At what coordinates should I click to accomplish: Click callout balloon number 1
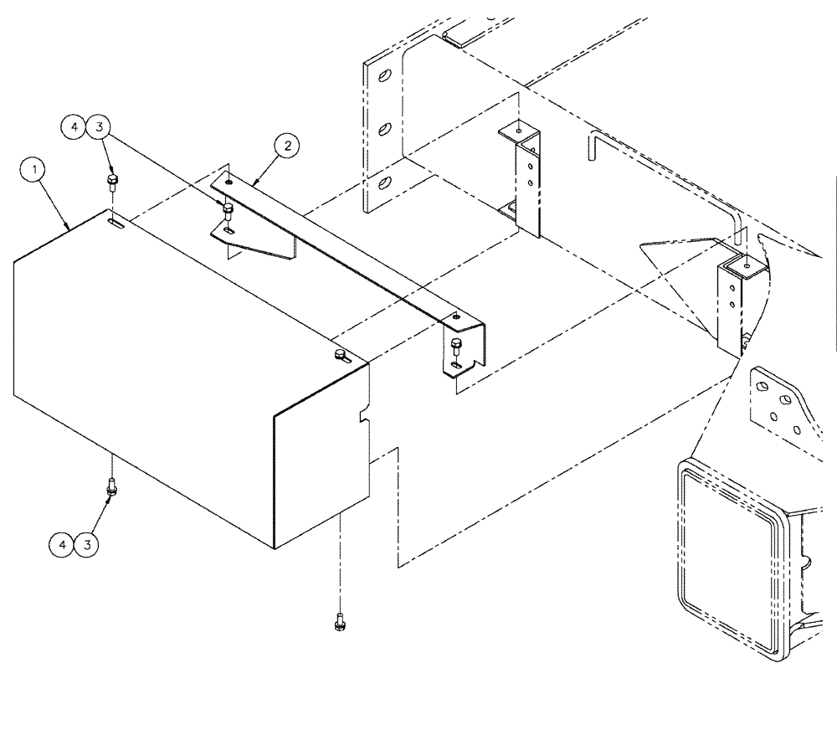point(34,171)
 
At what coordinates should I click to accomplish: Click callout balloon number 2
point(287,147)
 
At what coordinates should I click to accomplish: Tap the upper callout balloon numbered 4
point(74,126)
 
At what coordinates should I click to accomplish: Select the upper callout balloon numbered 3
point(99,126)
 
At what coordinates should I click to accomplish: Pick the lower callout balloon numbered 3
point(87,545)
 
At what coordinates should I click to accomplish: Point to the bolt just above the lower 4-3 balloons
point(110,486)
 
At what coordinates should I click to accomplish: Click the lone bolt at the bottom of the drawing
point(339,622)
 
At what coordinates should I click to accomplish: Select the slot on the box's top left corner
point(117,223)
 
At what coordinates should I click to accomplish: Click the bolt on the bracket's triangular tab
point(226,209)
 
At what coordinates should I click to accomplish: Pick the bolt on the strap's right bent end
point(455,345)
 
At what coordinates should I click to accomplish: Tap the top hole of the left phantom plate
point(384,77)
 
